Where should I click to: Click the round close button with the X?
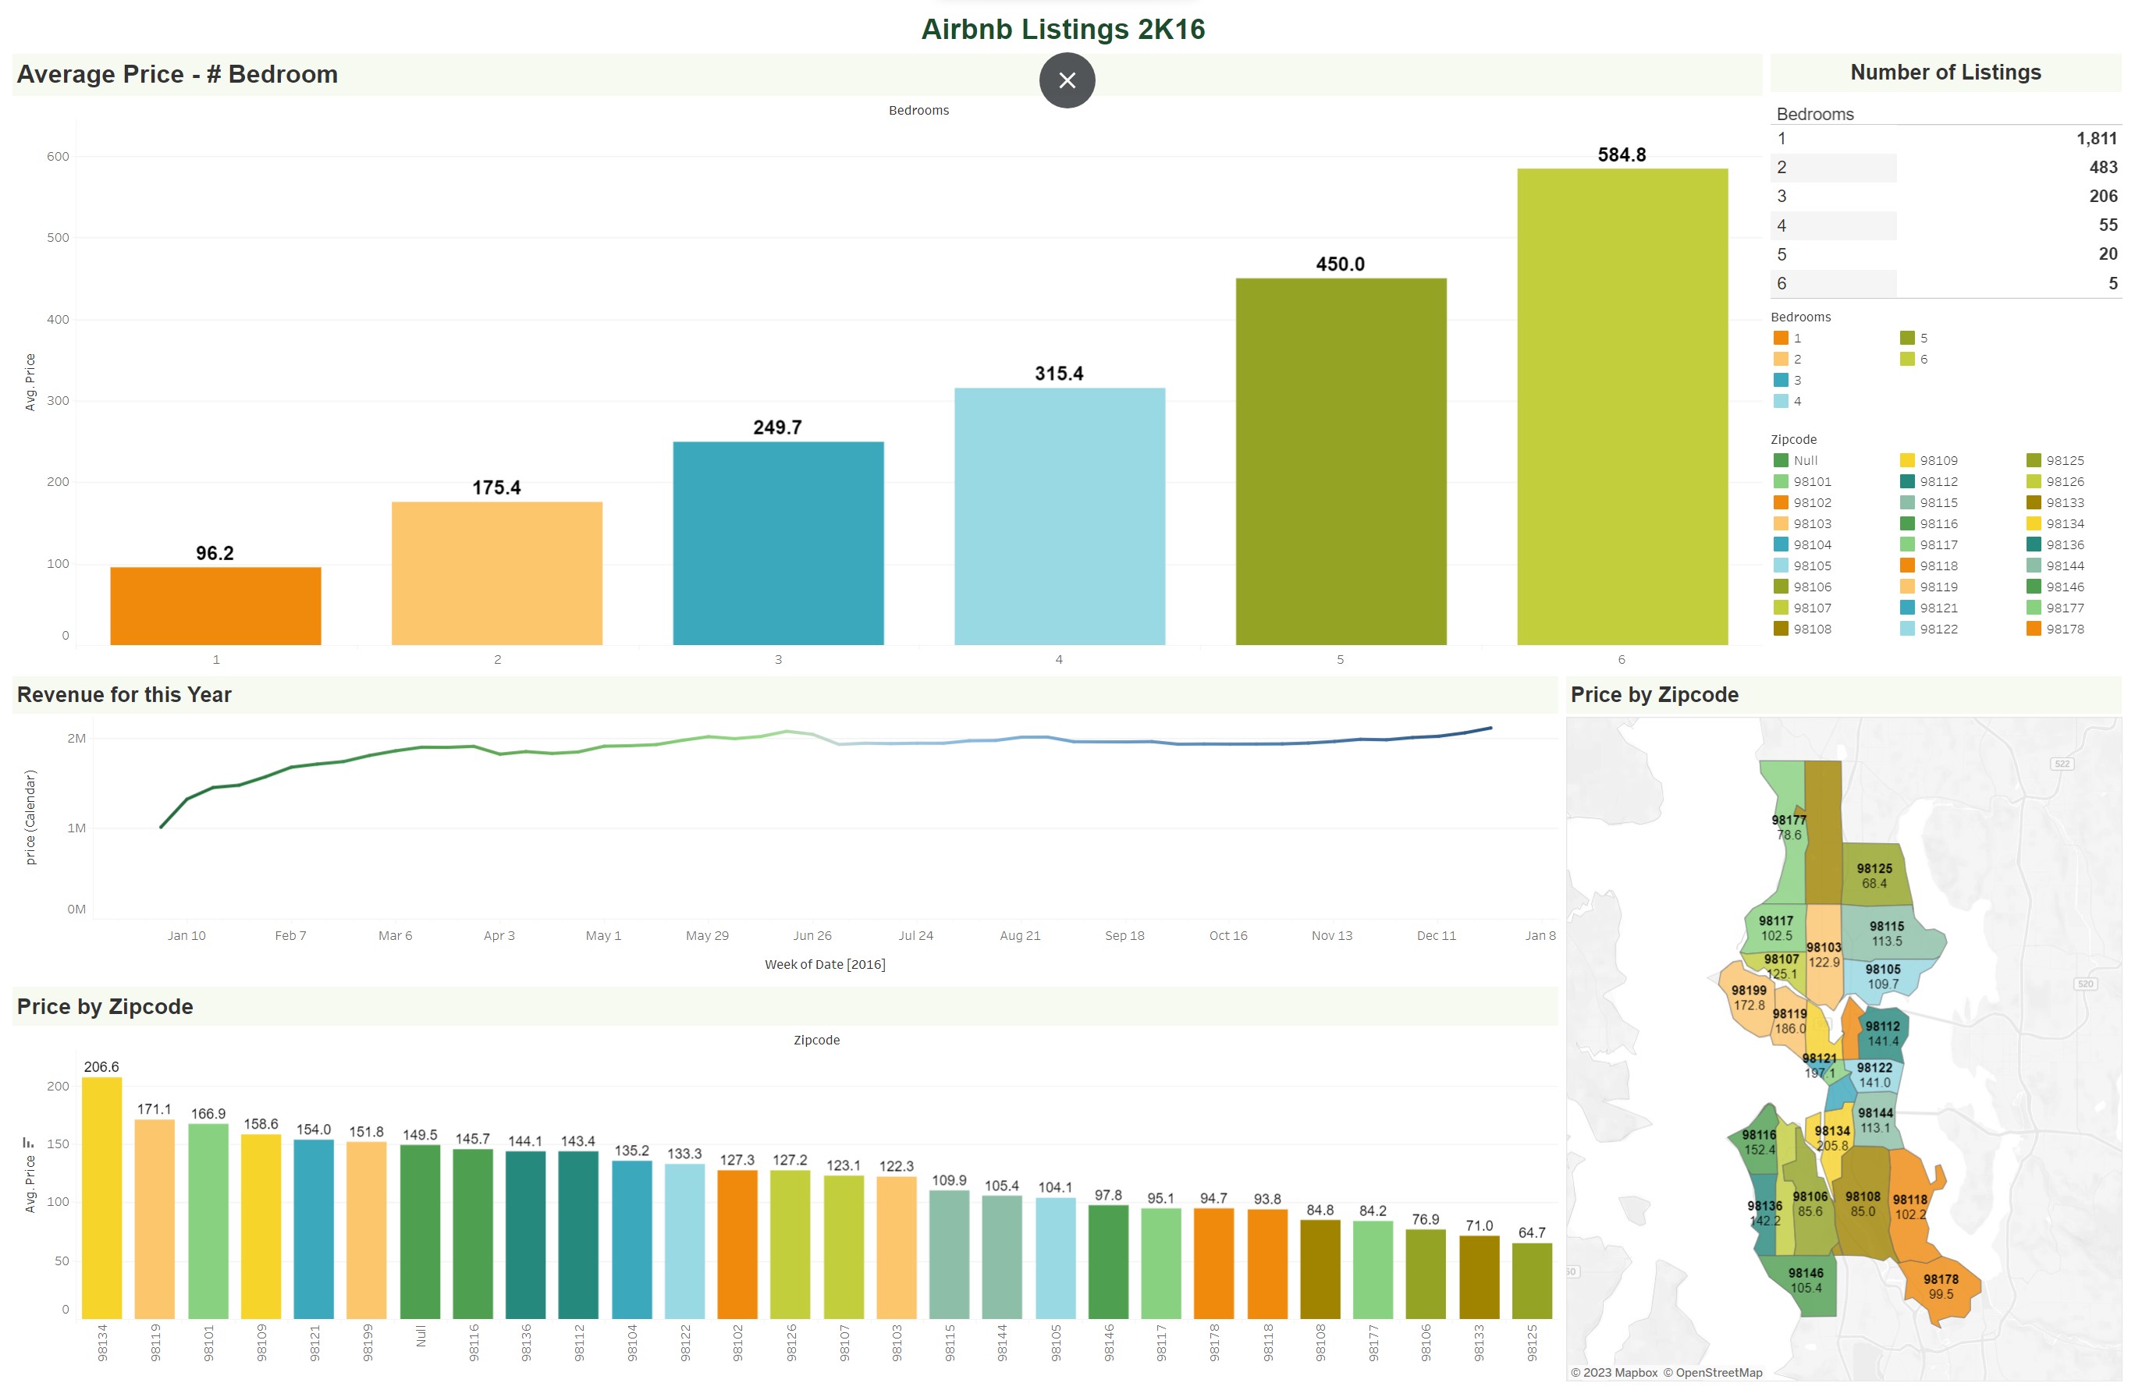tap(1067, 80)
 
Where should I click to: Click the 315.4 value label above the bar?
tap(1059, 374)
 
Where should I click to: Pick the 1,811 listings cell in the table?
tap(2095, 139)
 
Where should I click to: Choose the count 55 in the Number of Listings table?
tap(2107, 225)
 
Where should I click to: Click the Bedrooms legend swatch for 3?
tap(1781, 380)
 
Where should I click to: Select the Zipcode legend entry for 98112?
tap(1938, 481)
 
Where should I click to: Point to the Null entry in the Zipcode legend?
tap(1805, 461)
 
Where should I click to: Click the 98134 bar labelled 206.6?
tap(102, 1197)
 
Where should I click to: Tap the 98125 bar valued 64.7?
tap(1531, 1280)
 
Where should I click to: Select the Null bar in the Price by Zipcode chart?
tap(420, 1230)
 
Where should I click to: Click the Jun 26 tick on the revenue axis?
tap(812, 935)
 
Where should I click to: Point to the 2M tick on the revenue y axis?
tap(77, 738)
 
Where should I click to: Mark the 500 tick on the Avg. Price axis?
tap(59, 238)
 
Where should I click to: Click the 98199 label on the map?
tap(1749, 991)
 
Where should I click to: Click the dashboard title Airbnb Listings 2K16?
tap(1063, 29)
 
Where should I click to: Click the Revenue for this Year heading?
tap(125, 695)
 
